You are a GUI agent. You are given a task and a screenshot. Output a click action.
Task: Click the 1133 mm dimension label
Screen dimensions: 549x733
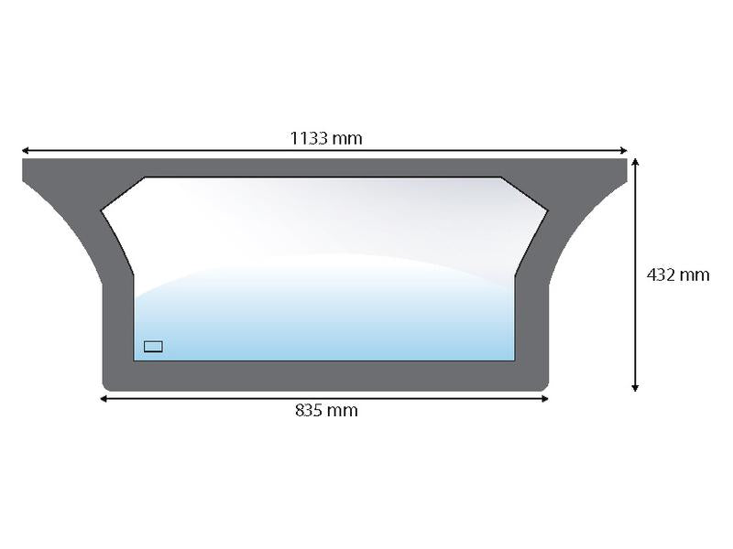326,138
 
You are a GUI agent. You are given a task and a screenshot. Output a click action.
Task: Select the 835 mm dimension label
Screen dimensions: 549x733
326,411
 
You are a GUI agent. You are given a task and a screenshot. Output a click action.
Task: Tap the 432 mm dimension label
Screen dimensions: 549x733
678,274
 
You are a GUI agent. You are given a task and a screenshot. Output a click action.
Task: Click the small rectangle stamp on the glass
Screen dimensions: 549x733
153,346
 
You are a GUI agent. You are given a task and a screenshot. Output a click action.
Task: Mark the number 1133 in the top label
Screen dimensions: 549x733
309,138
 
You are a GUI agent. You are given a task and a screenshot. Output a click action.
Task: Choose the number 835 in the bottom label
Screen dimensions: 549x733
311,411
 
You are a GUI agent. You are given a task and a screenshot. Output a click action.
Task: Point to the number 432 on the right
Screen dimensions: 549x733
662,274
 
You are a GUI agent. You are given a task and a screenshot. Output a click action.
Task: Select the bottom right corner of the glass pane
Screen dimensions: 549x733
514,360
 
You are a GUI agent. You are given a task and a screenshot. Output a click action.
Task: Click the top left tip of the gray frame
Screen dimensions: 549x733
24,161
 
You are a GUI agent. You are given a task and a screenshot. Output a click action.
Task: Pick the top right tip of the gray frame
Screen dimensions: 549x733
626,161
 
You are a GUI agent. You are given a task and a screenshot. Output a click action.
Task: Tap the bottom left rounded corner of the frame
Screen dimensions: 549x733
106,386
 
